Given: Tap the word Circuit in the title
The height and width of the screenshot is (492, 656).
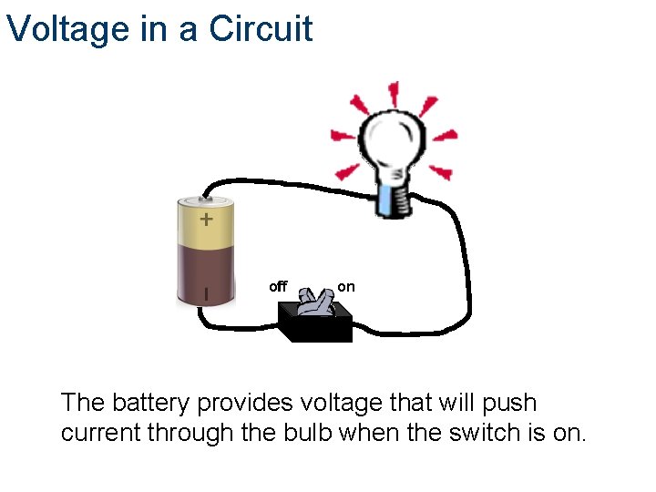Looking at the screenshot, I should [x=261, y=29].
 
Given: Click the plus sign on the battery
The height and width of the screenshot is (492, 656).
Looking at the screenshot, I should [x=207, y=220].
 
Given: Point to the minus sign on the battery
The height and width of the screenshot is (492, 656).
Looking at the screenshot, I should [x=206, y=293].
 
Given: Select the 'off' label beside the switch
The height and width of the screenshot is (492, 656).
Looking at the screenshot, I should [x=278, y=287].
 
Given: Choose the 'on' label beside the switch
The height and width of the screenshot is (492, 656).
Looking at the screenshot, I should [x=346, y=287].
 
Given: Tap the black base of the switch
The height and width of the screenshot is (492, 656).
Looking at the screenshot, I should [x=315, y=327].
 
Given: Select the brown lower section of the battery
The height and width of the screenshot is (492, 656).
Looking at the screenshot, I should [x=206, y=273].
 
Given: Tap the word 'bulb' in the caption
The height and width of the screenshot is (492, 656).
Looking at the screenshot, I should [x=306, y=433].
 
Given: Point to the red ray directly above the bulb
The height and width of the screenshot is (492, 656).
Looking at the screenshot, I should [x=394, y=92].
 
